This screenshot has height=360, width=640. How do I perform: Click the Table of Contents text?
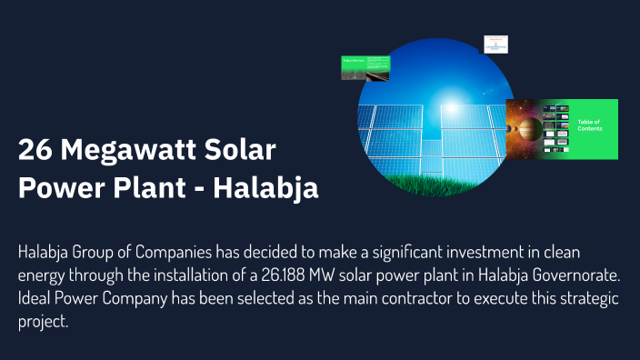point(591,125)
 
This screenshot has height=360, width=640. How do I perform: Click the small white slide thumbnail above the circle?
point(495,45)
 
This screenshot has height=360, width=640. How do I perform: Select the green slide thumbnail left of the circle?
point(367,67)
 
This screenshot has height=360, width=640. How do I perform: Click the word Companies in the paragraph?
point(169,253)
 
